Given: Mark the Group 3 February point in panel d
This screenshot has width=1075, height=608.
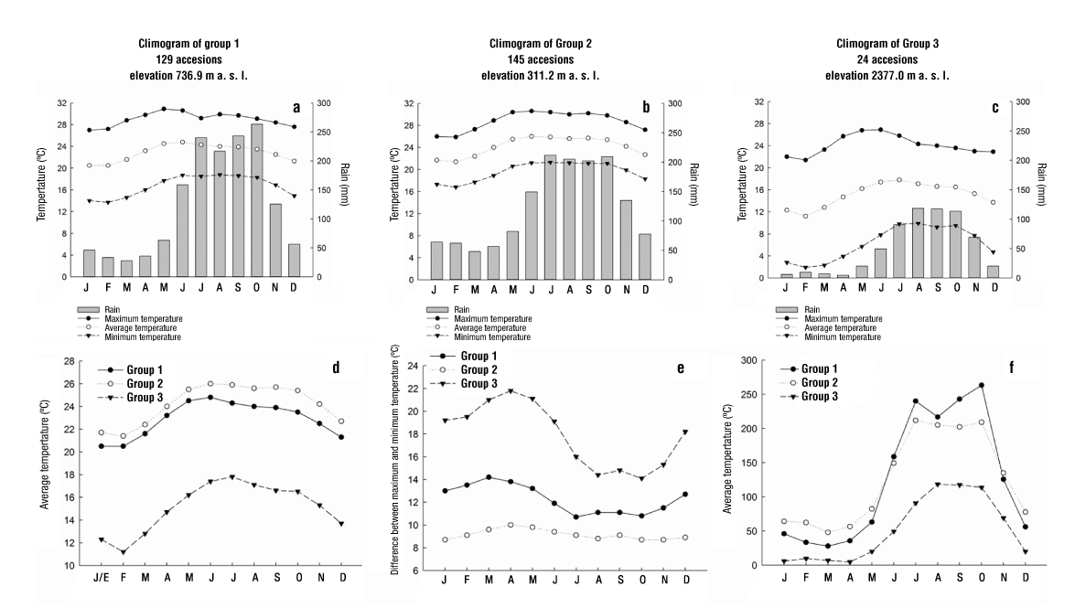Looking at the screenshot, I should pos(123,552).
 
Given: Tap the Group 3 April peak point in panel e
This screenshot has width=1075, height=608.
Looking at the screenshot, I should pos(510,391).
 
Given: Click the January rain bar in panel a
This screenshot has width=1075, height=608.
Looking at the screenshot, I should pos(89,263).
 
